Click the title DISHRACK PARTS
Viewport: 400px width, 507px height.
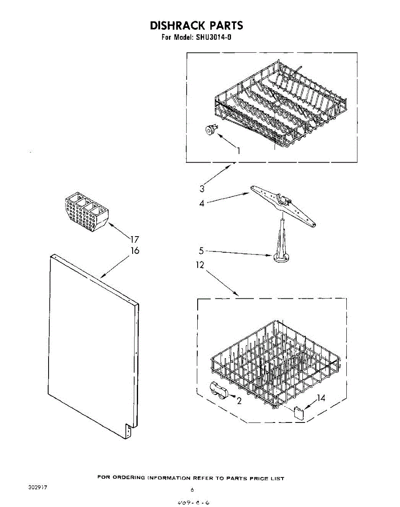pyautogui.click(x=196, y=25)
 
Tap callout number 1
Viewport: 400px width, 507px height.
pyautogui.click(x=239, y=150)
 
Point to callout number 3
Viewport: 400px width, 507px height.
pyautogui.click(x=202, y=189)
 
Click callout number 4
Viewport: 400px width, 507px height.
pyautogui.click(x=202, y=204)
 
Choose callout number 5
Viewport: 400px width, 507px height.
pyautogui.click(x=201, y=251)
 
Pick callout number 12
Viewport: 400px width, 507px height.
pyautogui.click(x=200, y=265)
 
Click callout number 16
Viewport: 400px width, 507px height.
pyautogui.click(x=135, y=251)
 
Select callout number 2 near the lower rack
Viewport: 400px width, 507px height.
pyautogui.click(x=239, y=401)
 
